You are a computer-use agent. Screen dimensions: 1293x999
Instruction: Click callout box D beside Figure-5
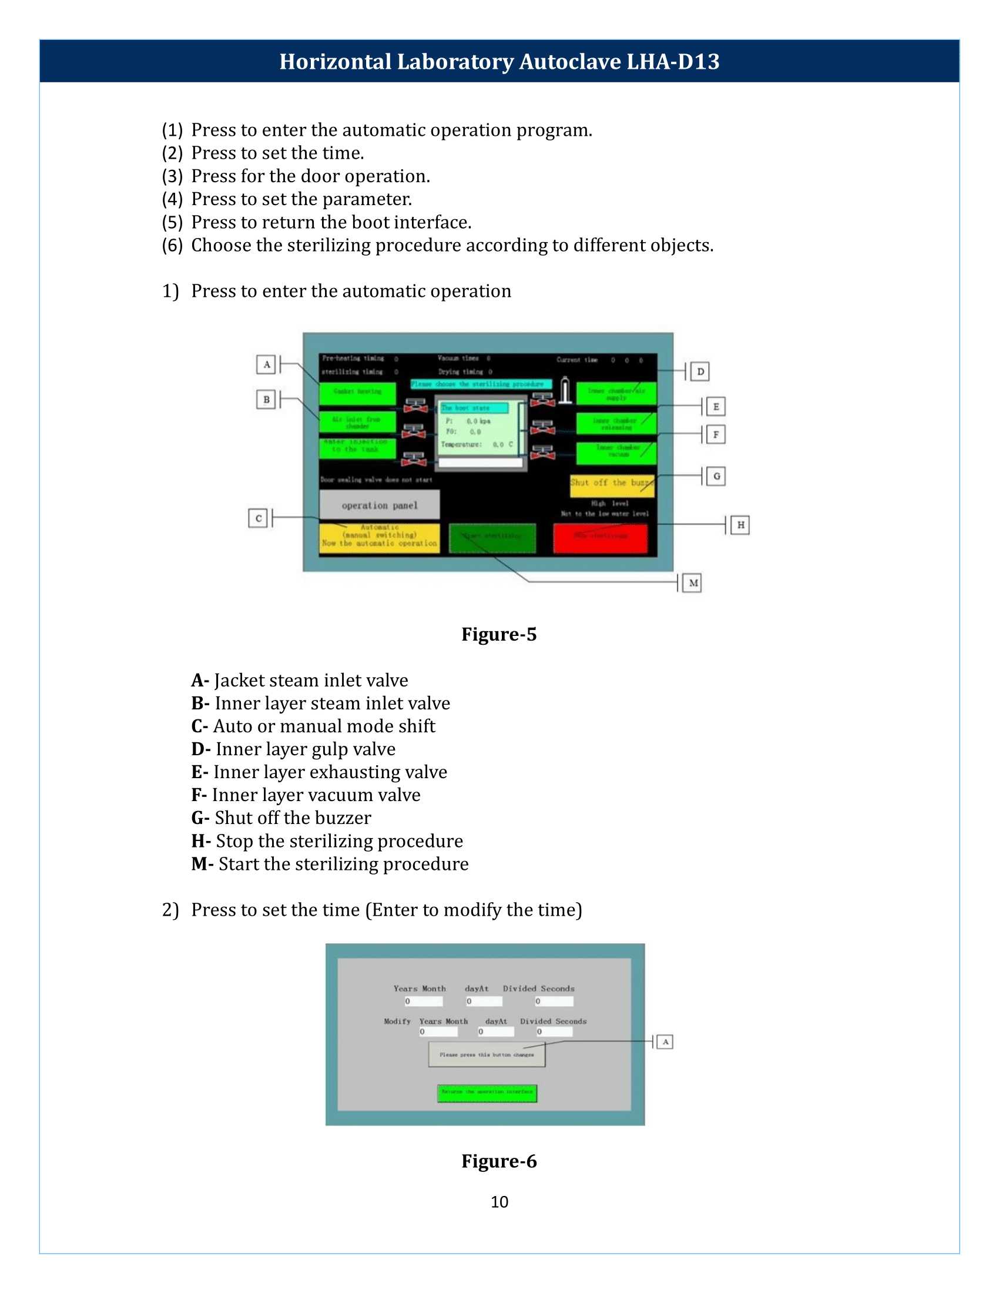[700, 371]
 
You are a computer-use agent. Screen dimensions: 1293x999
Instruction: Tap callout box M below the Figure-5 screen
[692, 582]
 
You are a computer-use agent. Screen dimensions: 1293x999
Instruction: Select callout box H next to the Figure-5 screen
[740, 524]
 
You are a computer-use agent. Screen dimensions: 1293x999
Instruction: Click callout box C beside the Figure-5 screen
[258, 518]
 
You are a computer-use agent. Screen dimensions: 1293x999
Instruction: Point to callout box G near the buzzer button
[716, 475]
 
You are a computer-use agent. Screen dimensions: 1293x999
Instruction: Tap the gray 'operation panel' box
[380, 505]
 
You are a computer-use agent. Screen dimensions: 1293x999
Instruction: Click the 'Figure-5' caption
[499, 634]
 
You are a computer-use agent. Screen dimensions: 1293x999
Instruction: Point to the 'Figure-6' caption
[499, 1160]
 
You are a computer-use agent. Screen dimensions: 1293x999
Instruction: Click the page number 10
[499, 1201]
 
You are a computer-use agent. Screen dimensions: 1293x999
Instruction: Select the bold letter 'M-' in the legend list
[202, 864]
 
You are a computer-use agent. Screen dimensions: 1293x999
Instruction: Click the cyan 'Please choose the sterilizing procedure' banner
[481, 384]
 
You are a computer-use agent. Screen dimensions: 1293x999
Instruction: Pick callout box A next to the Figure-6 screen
[665, 1041]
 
